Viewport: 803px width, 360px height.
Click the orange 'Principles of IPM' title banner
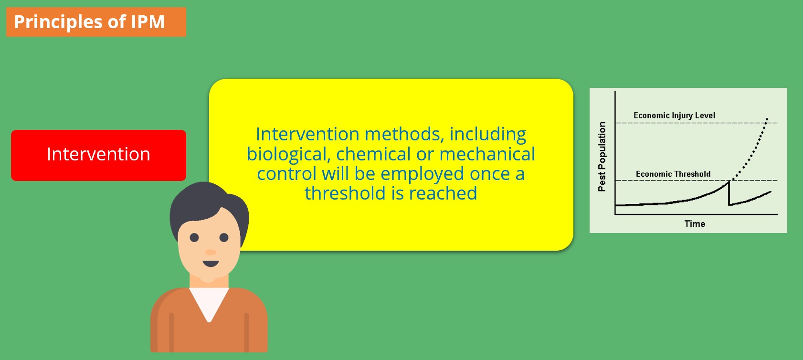(96, 22)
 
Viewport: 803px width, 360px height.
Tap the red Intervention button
(98, 155)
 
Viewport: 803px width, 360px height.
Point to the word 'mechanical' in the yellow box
(487, 154)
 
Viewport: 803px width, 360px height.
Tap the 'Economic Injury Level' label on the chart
(674, 116)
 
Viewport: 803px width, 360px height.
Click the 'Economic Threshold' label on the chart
(673, 174)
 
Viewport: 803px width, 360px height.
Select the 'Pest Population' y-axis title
(602, 156)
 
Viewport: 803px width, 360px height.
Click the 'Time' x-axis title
(694, 224)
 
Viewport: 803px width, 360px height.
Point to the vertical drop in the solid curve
(729, 193)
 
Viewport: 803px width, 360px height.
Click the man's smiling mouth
(211, 264)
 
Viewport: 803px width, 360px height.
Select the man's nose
(211, 252)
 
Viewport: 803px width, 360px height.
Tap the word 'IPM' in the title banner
(148, 22)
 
